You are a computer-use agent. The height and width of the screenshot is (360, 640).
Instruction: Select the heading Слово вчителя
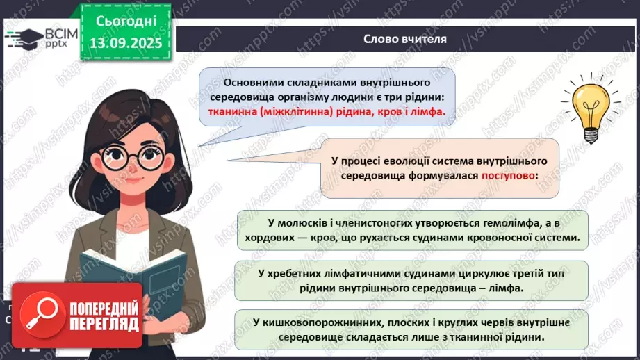pyautogui.click(x=405, y=38)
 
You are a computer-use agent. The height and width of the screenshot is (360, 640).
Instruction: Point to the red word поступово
pyautogui.click(x=509, y=176)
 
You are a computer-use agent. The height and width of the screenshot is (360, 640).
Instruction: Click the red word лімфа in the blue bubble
pyautogui.click(x=427, y=111)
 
